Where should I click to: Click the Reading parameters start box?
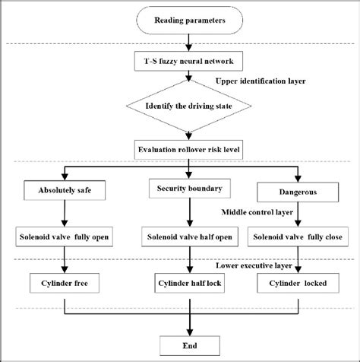coord(190,21)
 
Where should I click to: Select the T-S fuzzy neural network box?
coord(188,61)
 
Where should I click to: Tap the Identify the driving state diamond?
coord(189,106)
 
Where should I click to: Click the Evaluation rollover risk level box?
coord(188,150)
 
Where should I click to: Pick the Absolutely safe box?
coord(65,190)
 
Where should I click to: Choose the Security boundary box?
coord(190,189)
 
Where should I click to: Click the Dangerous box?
coord(298,192)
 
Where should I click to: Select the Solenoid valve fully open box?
coord(65,237)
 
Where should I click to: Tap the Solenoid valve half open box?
coord(190,237)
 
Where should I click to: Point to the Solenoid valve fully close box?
coord(298,237)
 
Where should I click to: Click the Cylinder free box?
coord(65,283)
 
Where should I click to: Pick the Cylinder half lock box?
coord(190,283)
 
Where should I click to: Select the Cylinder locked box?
coord(298,283)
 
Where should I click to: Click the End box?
coord(190,346)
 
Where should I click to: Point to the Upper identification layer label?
coord(261,81)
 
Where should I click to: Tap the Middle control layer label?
coord(257,212)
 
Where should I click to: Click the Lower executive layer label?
coord(254,265)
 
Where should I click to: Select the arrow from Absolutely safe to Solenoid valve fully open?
coord(65,214)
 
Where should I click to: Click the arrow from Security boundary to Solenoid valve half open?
coord(190,212)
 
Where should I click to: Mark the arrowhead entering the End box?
coord(190,333)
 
